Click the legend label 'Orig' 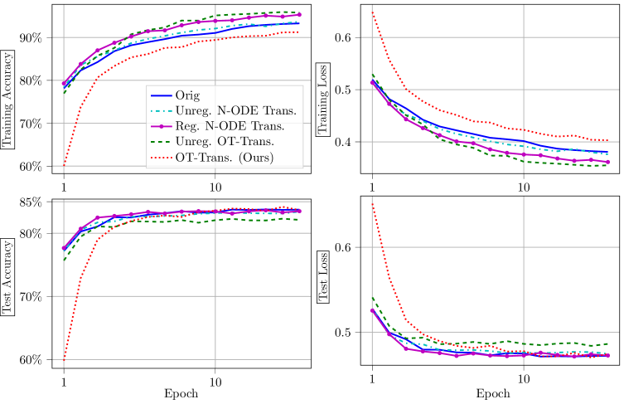coord(187,95)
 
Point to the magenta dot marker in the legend coord(161,126)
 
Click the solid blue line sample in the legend coord(161,95)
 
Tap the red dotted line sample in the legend coord(161,158)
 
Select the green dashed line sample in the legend coord(161,142)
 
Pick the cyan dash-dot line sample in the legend coord(161,110)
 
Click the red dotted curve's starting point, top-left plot coord(64,165)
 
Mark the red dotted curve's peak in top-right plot coord(372,12)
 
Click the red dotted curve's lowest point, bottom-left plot coord(64,359)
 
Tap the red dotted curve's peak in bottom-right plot coord(372,203)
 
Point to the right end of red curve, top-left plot coord(299,32)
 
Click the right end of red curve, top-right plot coord(607,140)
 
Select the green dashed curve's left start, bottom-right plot coord(372,296)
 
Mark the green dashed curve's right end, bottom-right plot coord(608,343)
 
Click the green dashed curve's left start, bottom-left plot coord(64,260)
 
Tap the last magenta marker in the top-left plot coord(299,15)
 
